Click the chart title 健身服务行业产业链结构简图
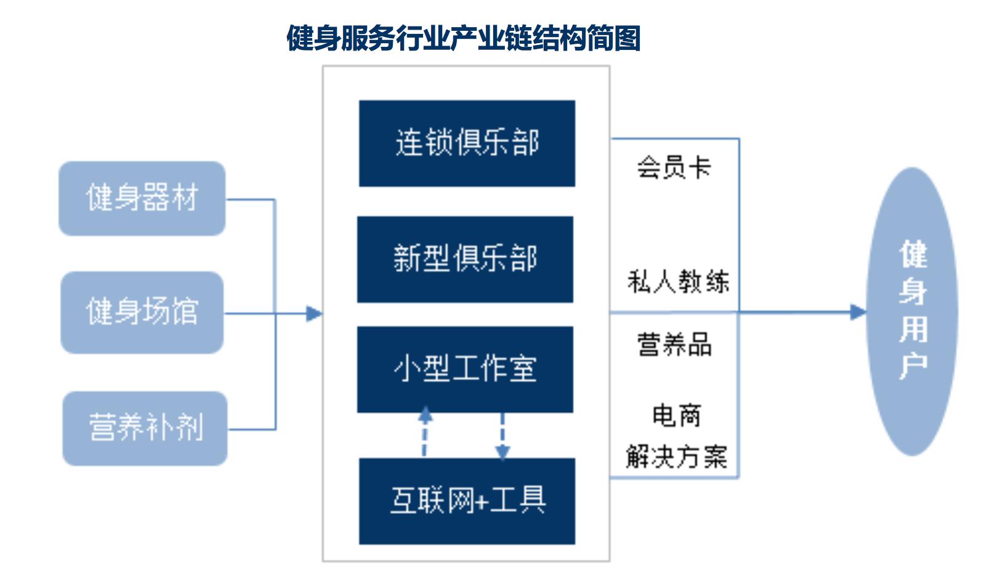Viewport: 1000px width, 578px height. pyautogui.click(x=463, y=38)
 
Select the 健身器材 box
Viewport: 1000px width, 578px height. pyautogui.click(x=142, y=198)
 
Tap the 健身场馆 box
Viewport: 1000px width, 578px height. pyautogui.click(x=142, y=312)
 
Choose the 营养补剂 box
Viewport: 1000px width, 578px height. pyautogui.click(x=145, y=428)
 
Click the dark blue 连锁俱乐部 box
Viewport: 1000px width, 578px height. pyautogui.click(x=467, y=143)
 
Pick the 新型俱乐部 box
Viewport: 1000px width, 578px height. pyautogui.click(x=465, y=259)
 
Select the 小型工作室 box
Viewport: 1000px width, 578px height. pyautogui.click(x=465, y=369)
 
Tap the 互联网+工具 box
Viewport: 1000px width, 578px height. pyautogui.click(x=467, y=500)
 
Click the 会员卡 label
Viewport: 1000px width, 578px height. pyautogui.click(x=674, y=167)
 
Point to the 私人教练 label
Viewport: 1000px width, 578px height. pyautogui.click(x=678, y=282)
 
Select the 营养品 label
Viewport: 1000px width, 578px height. pyautogui.click(x=674, y=344)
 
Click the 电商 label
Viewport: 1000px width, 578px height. pyautogui.click(x=676, y=415)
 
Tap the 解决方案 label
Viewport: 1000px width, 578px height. pyautogui.click(x=676, y=457)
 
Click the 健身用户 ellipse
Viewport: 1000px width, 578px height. pyautogui.click(x=912, y=311)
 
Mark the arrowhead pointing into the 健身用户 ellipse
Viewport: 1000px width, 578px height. pyautogui.click(x=858, y=312)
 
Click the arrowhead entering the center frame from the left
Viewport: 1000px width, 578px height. pyautogui.click(x=314, y=314)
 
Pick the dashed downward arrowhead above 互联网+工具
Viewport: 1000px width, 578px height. pyautogui.click(x=502, y=453)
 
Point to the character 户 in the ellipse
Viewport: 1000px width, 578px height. pyautogui.click(x=913, y=366)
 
